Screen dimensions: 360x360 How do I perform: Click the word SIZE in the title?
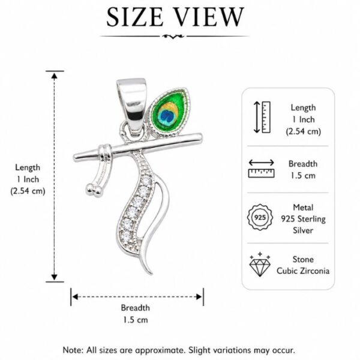(135, 17)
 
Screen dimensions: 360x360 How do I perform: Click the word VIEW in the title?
(208, 17)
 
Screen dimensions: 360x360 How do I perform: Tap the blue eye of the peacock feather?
(167, 116)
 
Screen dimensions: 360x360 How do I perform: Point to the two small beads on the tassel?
(94, 190)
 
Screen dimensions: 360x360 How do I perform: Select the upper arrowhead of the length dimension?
(54, 76)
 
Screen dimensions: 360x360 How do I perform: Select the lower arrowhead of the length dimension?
(54, 277)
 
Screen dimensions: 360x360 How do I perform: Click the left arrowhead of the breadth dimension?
(75, 297)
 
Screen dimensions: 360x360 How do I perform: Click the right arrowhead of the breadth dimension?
(199, 297)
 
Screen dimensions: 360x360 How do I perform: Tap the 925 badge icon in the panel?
(260, 217)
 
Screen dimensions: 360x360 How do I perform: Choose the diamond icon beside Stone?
(260, 265)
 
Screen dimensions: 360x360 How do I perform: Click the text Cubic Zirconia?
(303, 271)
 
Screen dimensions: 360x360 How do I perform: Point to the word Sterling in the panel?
(311, 219)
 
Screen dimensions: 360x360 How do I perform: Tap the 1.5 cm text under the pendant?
(136, 320)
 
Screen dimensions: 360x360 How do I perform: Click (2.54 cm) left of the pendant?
(28, 191)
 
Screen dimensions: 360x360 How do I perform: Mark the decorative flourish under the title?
(173, 36)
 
